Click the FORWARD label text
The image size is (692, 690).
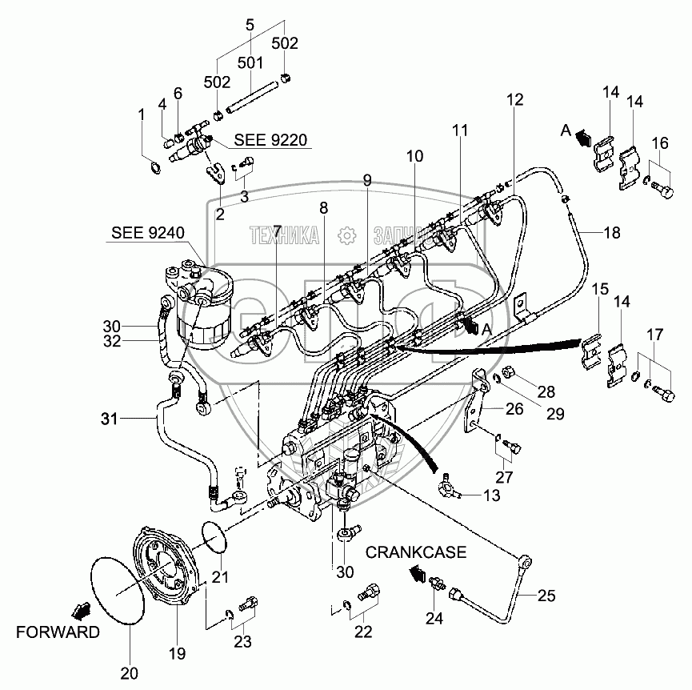coord(59,632)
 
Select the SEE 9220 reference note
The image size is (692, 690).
coord(271,141)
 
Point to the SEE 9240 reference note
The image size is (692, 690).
coord(148,233)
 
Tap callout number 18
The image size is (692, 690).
coord(611,233)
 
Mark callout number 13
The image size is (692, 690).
coord(491,497)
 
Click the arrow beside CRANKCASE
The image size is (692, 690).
coord(416,572)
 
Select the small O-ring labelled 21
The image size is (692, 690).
coord(213,535)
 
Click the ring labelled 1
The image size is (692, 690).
coord(154,166)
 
